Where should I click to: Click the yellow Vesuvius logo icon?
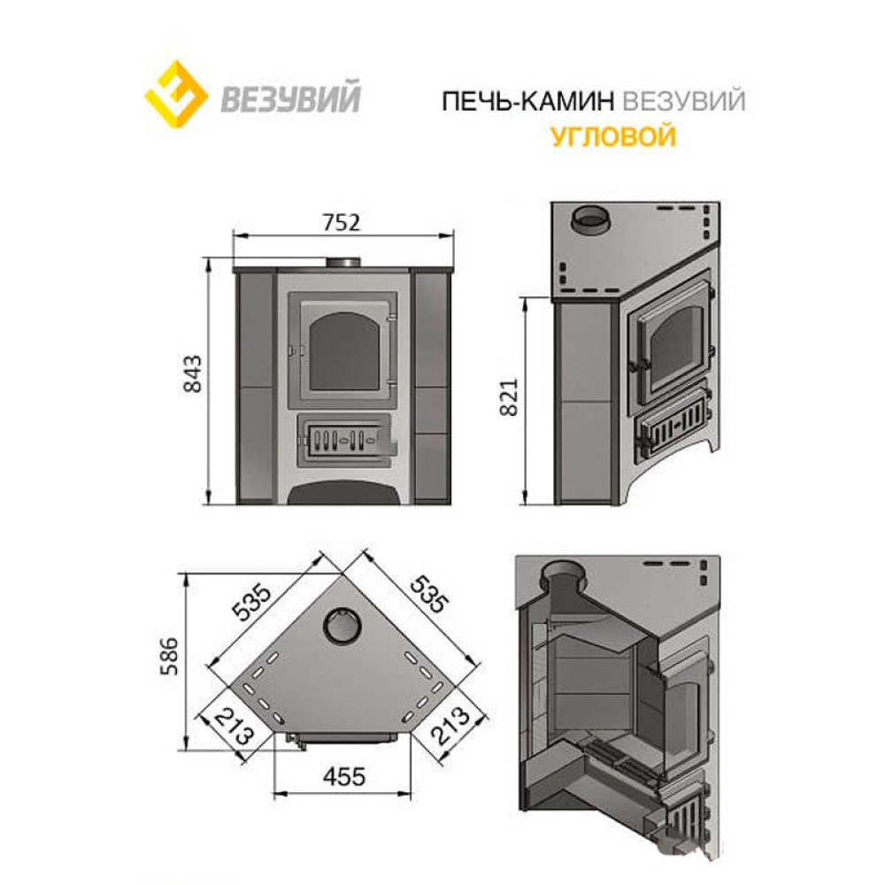point(175,95)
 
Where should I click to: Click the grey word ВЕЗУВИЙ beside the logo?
point(290,97)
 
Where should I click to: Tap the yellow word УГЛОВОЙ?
point(613,136)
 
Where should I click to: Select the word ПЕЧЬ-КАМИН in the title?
point(527,102)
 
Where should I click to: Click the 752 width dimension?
point(342,222)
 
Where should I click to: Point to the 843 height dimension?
point(192,373)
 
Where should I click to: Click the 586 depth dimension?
point(169,656)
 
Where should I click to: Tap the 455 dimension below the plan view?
point(343,777)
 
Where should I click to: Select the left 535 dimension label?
point(251,602)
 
